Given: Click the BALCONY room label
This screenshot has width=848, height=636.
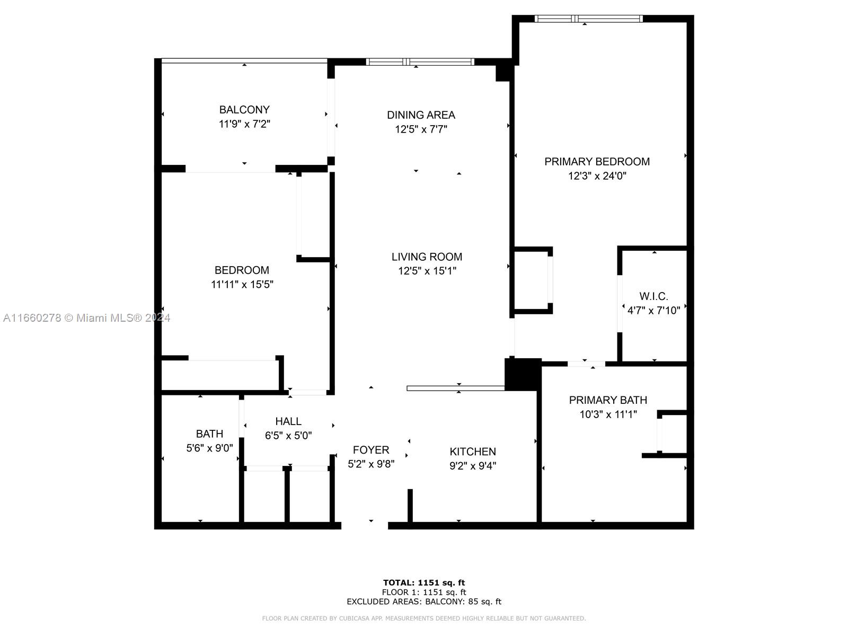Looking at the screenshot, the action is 244,110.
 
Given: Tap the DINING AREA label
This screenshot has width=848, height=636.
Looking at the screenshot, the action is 421,114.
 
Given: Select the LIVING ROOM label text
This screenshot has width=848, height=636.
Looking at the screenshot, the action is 427,257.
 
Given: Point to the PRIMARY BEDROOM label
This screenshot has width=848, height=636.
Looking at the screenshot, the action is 597,162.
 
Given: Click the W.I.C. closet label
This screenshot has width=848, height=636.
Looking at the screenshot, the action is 653,296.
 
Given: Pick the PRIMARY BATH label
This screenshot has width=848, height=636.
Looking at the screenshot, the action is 608,400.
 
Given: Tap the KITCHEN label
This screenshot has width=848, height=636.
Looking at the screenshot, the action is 472,452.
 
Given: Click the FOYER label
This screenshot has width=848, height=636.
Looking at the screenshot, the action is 371,450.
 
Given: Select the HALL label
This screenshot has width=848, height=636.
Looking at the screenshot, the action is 288,421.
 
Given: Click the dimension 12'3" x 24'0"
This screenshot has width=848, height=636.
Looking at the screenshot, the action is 597,176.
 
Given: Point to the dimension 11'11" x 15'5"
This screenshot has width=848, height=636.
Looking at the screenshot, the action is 242,285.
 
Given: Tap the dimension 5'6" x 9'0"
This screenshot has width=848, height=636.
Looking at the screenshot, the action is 209,448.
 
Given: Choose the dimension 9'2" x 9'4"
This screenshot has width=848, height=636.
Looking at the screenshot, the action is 472,466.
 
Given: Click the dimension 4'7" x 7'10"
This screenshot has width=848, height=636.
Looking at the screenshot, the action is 653,311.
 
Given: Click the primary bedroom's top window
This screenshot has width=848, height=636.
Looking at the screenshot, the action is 588,19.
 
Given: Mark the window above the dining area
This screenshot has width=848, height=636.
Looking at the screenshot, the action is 420,62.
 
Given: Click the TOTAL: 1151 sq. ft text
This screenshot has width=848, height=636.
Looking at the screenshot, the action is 424,582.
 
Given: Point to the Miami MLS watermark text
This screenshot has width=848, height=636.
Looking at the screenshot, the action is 86,318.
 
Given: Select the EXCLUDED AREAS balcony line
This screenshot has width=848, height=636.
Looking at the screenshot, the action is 424,601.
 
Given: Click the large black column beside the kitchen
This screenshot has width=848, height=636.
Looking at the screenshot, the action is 523,374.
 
